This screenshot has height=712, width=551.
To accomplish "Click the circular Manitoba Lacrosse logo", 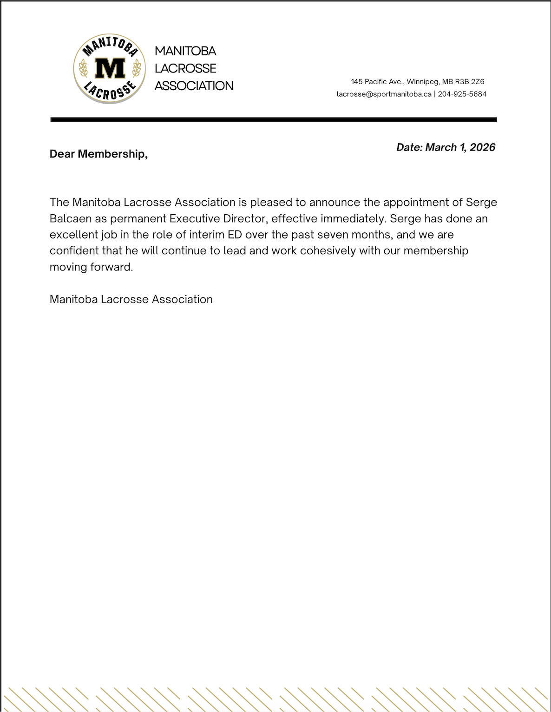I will coord(110,69).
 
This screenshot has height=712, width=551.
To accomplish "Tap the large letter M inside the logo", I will coord(110,68).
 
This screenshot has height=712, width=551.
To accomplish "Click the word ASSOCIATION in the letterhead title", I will coord(194,86).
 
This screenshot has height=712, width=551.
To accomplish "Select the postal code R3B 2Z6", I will coord(469,82).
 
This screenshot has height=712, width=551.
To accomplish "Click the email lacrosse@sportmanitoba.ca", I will coord(384,94).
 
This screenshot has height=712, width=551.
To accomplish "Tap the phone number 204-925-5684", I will coord(462,94).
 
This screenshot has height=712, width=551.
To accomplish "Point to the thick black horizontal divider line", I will coord(274,119).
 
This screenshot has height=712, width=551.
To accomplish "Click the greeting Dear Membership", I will coord(98,154).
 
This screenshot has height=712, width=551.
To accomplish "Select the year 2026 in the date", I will coord(482,147).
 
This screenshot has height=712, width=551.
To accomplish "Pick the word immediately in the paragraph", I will coord(353,218).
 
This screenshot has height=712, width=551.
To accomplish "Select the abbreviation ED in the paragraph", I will coord(235,235).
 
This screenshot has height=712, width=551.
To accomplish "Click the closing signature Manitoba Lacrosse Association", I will coord(131,299).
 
